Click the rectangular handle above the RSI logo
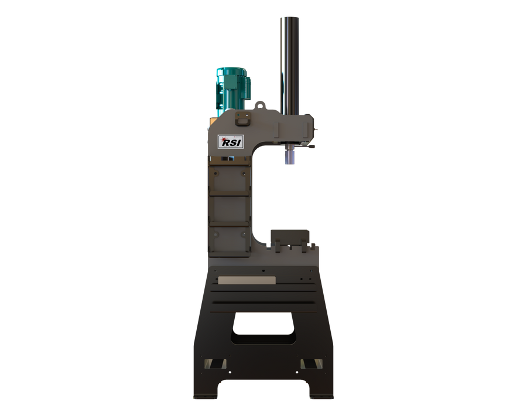pos(241,120)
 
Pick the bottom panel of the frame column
pos(229,240)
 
